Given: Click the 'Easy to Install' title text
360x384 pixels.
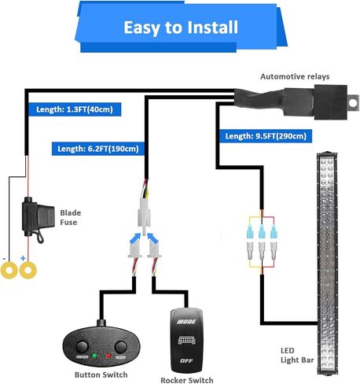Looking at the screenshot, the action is [x=181, y=28].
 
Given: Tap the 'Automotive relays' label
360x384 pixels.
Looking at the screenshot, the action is [x=295, y=76].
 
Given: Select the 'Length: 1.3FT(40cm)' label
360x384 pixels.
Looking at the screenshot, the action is [x=75, y=109].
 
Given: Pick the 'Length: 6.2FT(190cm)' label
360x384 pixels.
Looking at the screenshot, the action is [x=98, y=149].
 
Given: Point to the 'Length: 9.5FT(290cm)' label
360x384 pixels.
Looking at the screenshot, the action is [x=266, y=136].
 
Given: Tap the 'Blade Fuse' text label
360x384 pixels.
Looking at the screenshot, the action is [x=71, y=217].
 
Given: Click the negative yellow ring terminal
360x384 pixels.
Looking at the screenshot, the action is [x=9, y=270].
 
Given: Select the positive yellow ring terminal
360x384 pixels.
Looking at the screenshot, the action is [x=28, y=270].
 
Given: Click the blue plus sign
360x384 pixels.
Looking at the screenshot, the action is [x=23, y=258].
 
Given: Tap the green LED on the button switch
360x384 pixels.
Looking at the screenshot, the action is [x=94, y=356].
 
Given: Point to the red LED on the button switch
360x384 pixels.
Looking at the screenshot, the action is [x=108, y=356].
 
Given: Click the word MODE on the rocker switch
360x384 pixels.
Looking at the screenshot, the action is [x=186, y=322].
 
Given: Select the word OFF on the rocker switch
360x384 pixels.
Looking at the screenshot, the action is [x=186, y=361].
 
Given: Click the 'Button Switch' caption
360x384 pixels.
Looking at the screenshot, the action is [x=101, y=375].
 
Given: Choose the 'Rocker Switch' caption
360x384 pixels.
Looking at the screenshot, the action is [x=187, y=380].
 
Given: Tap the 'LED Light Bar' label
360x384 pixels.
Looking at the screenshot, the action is [x=297, y=356].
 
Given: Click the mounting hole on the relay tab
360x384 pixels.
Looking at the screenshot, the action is [x=353, y=103].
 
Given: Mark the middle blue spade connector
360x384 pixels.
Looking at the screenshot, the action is [x=262, y=231].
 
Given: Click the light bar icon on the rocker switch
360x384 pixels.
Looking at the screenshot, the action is [x=186, y=340].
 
